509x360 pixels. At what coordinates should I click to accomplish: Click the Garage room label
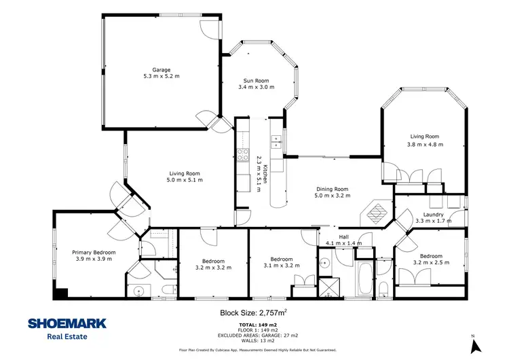161,69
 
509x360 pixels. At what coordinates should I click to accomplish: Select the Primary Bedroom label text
94,253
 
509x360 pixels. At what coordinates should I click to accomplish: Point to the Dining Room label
333,189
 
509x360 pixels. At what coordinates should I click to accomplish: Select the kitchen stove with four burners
242,154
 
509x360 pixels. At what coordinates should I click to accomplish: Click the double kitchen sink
276,141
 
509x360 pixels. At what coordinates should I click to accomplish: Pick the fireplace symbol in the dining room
375,212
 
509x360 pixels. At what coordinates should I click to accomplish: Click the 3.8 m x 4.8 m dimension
425,145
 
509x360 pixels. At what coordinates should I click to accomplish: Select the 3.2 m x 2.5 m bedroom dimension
431,262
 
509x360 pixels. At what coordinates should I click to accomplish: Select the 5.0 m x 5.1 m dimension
185,180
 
